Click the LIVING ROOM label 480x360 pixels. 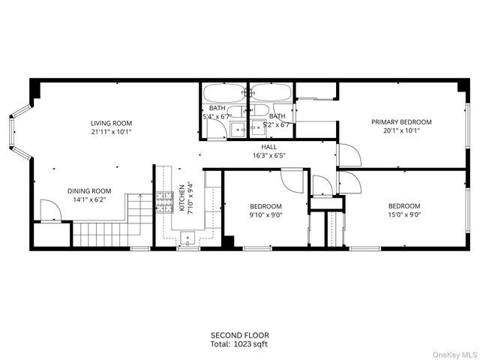[111, 124]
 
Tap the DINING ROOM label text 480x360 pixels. [89, 190]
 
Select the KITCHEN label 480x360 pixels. [181, 199]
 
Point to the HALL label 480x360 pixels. [269, 147]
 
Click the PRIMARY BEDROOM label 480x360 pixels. [401, 121]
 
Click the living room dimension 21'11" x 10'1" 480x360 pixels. [111, 132]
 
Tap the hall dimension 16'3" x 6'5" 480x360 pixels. [269, 155]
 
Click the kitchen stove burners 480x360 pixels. [163, 200]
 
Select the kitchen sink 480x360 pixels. [187, 238]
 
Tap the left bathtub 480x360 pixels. [224, 94]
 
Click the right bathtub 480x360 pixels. [270, 94]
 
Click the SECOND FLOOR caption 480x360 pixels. [239, 335]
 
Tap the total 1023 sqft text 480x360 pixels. [239, 344]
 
